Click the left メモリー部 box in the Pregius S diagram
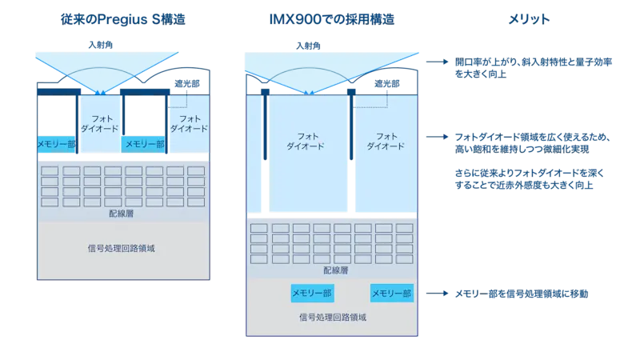[x=56, y=144]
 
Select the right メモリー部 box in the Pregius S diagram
[x=143, y=144]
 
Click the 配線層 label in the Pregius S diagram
[x=122, y=214]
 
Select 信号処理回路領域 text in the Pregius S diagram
[x=122, y=247]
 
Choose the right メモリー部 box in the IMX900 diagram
[x=391, y=294]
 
